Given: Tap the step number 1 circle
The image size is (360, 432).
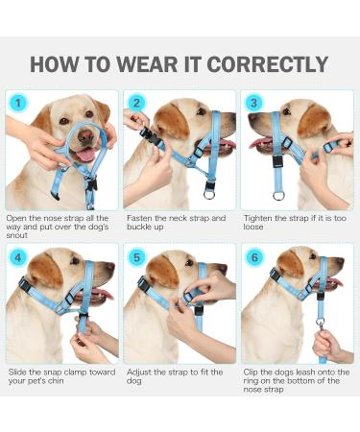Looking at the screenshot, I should coord(17,103).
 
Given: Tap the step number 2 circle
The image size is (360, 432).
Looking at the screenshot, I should coord(135,103).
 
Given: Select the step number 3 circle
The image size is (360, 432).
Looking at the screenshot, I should coord(253,103).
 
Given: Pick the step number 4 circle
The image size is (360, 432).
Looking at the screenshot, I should coord(17,257).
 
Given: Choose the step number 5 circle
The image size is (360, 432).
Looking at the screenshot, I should coord(135,257).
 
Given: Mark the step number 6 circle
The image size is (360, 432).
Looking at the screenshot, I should coord(253,257).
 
